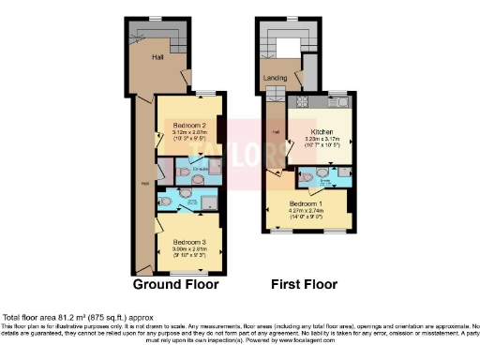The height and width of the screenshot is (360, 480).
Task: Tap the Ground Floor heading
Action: click(x=175, y=284)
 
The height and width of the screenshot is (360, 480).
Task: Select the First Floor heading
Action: click(x=305, y=284)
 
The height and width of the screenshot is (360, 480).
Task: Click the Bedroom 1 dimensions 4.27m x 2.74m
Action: click(x=307, y=211)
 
